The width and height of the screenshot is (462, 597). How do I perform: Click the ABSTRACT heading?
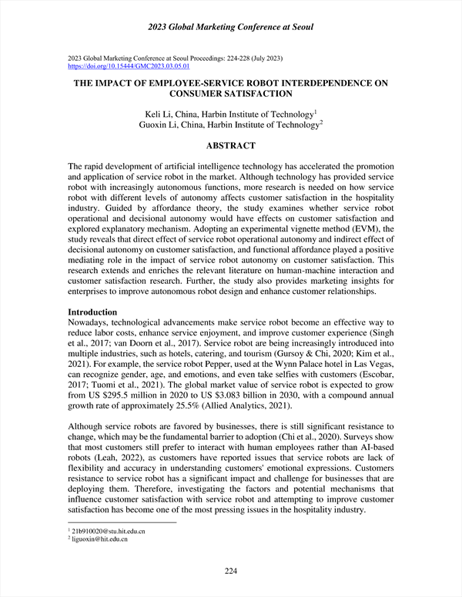pos(231,145)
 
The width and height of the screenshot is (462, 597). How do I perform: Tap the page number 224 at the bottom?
pos(231,570)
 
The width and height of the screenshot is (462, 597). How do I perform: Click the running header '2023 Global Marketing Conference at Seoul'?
pos(231,28)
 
